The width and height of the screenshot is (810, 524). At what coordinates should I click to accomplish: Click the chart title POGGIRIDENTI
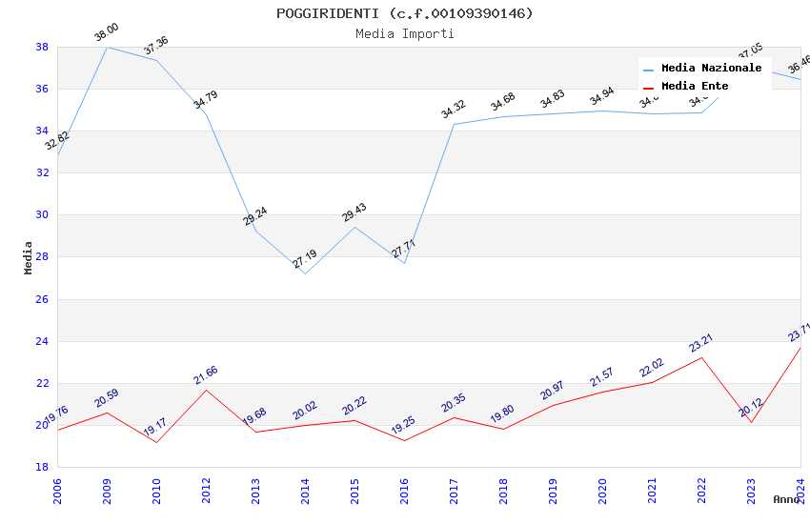(x=404, y=13)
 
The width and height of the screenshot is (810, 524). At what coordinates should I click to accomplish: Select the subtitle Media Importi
(x=404, y=33)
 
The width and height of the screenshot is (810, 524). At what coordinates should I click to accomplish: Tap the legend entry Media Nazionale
(x=711, y=69)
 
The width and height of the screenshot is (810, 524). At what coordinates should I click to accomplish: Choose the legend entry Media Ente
(x=695, y=87)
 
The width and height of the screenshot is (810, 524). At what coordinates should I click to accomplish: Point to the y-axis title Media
(x=29, y=257)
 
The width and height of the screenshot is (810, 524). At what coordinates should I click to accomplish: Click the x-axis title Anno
(x=786, y=499)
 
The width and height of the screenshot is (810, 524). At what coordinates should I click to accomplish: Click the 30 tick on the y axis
(x=42, y=214)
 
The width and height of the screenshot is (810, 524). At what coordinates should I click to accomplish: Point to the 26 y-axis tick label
(x=42, y=299)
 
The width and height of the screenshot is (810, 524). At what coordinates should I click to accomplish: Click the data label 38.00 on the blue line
(x=106, y=34)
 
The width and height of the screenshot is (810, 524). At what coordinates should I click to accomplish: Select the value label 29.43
(x=354, y=212)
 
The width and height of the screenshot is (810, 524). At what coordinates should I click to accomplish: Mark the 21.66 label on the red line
(x=205, y=375)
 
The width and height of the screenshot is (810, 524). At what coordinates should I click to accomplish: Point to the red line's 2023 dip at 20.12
(x=751, y=422)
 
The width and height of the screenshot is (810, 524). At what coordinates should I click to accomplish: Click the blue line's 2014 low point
(x=305, y=273)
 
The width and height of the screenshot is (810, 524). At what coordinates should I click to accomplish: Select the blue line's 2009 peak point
(x=107, y=47)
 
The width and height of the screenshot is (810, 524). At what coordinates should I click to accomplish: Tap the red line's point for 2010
(x=156, y=442)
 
